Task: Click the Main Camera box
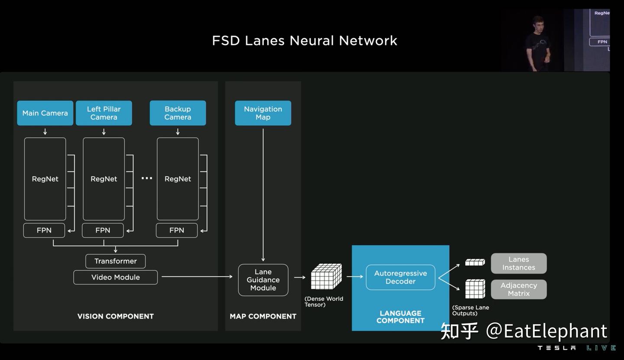[45, 113]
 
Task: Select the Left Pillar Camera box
[104, 113]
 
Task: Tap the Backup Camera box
[178, 113]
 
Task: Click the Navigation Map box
[263, 113]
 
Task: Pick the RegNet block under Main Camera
[45, 179]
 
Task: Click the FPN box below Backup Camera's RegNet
[177, 230]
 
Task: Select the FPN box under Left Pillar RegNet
[103, 230]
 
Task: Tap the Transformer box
[115, 261]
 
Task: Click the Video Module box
[115, 277]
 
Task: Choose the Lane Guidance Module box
[263, 280]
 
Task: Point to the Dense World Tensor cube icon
[326, 277]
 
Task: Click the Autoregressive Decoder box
[400, 277]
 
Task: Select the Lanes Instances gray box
[519, 263]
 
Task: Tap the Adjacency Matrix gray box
[519, 289]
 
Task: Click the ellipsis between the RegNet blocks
[147, 178]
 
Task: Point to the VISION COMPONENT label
[115, 316]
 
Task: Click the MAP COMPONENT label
[263, 316]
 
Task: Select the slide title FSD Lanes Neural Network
[304, 41]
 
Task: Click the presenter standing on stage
[538, 43]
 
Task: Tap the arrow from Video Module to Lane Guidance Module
[197, 276]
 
